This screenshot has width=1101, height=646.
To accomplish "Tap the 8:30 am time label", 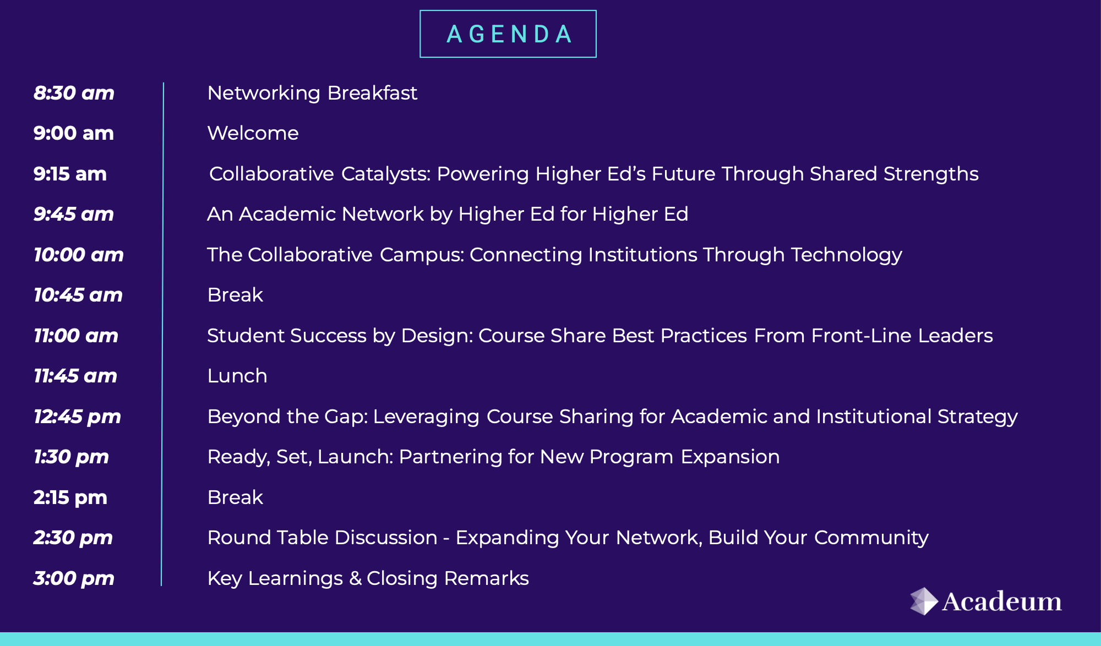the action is (74, 93).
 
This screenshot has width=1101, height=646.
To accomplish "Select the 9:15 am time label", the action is (70, 174).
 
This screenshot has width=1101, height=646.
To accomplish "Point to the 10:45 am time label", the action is (78, 295).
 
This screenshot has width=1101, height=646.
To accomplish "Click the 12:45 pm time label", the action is (77, 417).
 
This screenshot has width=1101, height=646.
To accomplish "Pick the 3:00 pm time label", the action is (74, 579).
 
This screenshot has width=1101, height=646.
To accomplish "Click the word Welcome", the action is (253, 133).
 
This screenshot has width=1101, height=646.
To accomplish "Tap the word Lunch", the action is (237, 376).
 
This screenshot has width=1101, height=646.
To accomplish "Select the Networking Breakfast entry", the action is (312, 94).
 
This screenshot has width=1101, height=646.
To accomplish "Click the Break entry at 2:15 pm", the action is (235, 497).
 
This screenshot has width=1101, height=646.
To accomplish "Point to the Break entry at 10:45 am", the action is (235, 295).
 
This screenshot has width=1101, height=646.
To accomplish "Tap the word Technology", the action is (847, 255).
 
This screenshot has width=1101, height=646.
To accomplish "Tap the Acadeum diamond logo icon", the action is (924, 601).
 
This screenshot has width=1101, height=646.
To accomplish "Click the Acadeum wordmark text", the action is (1002, 601).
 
